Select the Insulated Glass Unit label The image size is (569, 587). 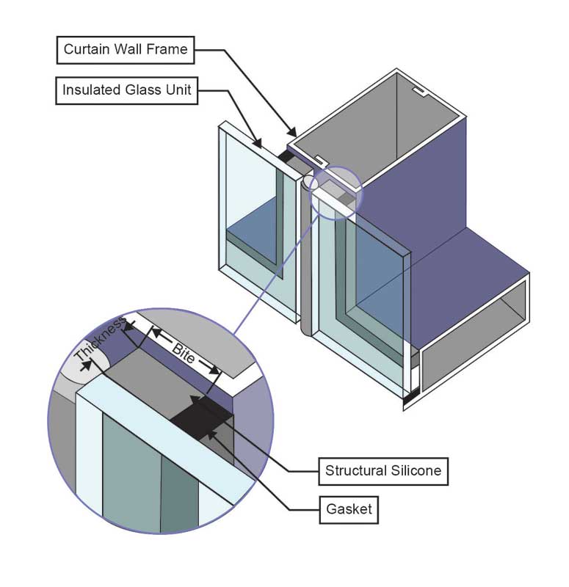[127, 91]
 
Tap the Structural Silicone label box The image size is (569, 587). [383, 470]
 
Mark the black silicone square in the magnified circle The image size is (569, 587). [201, 419]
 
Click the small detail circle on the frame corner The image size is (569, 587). [336, 192]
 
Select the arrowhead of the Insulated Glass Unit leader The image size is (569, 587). [260, 145]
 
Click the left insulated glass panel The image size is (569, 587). [250, 220]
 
